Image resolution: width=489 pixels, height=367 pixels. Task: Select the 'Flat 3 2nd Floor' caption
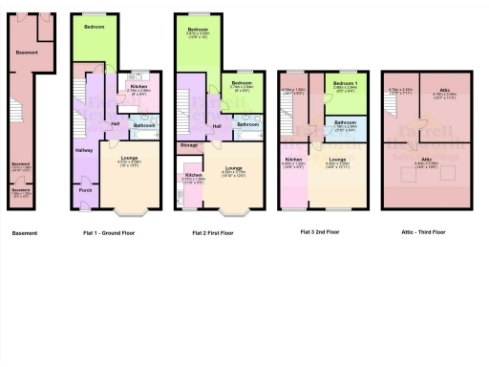coord(321,232)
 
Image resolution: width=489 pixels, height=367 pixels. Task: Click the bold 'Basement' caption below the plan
coord(25,232)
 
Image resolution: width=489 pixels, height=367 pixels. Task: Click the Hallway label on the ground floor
coord(83,150)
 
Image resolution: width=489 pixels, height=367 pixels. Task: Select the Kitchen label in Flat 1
coord(138,86)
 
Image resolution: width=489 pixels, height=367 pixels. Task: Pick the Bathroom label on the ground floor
coord(144,125)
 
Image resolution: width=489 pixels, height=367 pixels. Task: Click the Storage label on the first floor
coord(188,144)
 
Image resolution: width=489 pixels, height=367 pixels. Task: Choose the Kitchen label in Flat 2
coord(194,175)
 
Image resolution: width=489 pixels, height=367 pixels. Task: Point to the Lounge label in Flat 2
coord(234,168)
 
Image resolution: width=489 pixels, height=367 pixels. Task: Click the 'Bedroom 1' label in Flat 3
coord(346,84)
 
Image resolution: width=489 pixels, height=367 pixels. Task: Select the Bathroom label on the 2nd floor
coord(346,121)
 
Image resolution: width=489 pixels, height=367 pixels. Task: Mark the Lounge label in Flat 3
coord(336,160)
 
